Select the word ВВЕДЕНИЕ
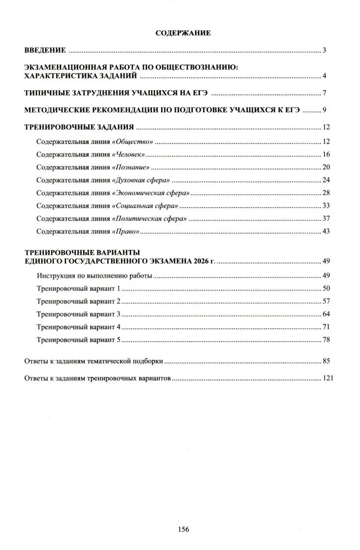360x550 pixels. [x=46, y=51]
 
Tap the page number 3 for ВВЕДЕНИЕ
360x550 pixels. [x=325, y=51]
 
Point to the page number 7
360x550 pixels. [x=325, y=92]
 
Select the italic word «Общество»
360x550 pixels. [x=132, y=142]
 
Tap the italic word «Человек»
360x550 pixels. [x=130, y=155]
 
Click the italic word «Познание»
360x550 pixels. [x=131, y=167]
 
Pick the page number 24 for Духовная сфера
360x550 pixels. [x=325, y=180]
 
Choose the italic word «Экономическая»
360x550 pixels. [x=138, y=193]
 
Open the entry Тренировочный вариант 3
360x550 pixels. [x=78, y=314]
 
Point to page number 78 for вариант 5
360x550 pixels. [x=325, y=340]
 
